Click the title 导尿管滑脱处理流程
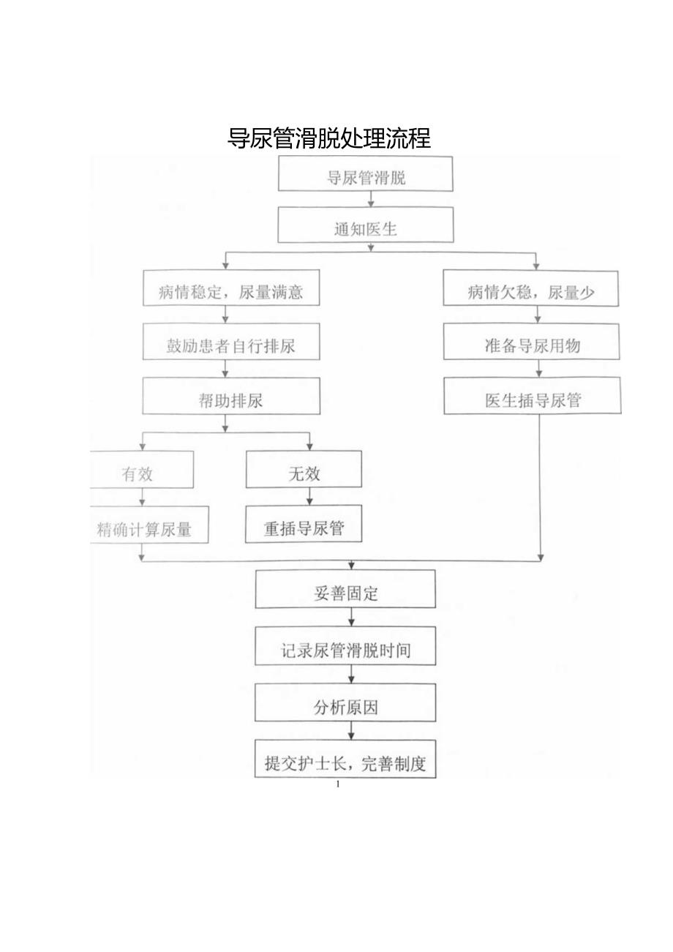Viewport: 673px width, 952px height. [329, 138]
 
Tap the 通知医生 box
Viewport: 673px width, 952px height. [365, 228]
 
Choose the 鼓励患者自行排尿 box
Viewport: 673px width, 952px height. [231, 344]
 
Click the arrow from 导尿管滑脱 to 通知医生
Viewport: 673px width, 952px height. [371, 199]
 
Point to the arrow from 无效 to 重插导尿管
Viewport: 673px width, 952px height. [309, 497]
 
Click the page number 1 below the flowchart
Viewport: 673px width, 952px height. [338, 784]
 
